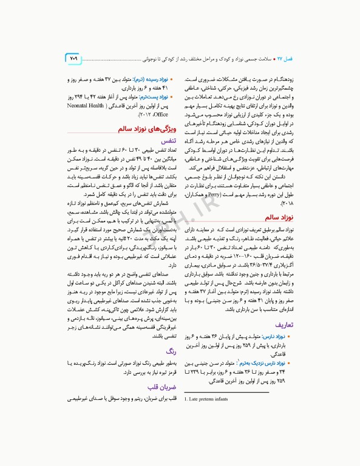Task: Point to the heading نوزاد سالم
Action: tap(279, 233)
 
